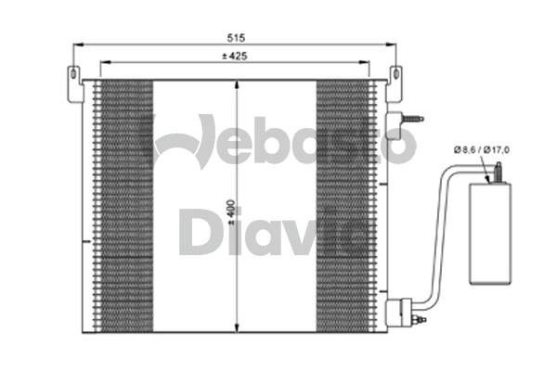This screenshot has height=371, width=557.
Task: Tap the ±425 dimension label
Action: (235, 57)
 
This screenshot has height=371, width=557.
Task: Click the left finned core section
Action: (123, 204)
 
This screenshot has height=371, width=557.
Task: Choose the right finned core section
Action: (344, 204)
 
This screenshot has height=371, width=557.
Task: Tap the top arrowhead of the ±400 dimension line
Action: (240, 84)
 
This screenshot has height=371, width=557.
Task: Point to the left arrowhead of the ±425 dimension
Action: (103, 63)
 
